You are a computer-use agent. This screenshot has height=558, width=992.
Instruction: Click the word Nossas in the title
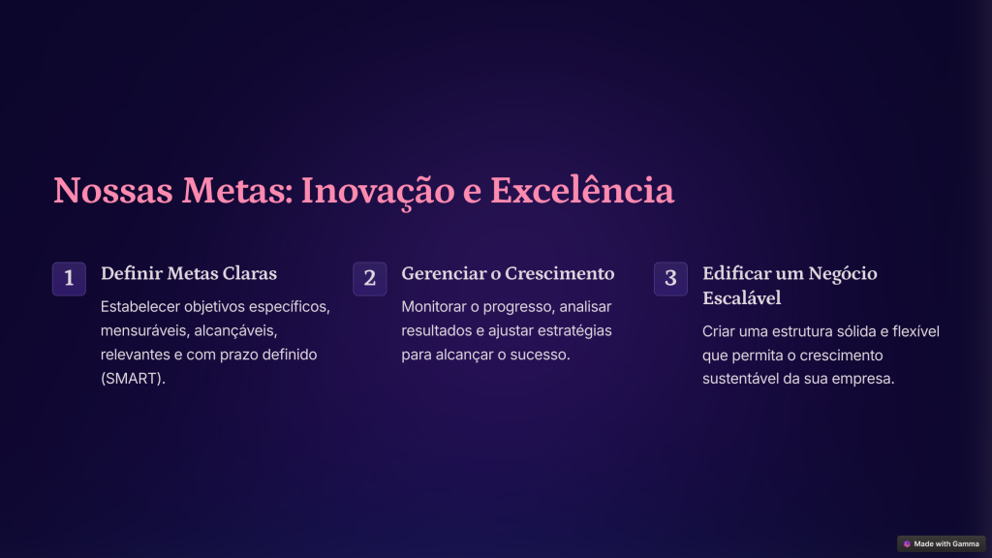[x=113, y=191]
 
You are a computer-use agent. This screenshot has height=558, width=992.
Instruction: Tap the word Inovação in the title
[x=378, y=192]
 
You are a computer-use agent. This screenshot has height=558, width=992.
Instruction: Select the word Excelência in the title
[x=582, y=190]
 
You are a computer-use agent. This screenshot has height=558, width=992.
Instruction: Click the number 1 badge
[x=69, y=278]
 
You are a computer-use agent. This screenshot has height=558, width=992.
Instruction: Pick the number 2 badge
[x=369, y=278]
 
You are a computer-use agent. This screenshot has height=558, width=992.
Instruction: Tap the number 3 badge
[x=670, y=278]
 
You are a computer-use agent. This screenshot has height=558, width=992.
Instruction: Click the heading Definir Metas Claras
[x=189, y=273]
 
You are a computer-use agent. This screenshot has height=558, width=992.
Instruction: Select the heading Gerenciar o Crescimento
[x=508, y=273]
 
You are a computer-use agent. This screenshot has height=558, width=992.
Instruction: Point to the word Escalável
[x=741, y=298]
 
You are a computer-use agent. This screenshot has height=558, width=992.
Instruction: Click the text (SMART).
[x=133, y=379]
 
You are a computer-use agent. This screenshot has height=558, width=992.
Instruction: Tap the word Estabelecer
[x=140, y=307]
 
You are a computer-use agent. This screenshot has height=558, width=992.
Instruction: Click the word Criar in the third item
[x=718, y=331]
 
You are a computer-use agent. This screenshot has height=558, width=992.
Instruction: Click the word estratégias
[x=574, y=331]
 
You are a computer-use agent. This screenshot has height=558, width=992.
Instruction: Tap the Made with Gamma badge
[x=942, y=544]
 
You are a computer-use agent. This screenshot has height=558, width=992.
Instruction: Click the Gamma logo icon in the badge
[x=907, y=544]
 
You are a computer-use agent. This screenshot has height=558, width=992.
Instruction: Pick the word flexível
[x=915, y=331]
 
